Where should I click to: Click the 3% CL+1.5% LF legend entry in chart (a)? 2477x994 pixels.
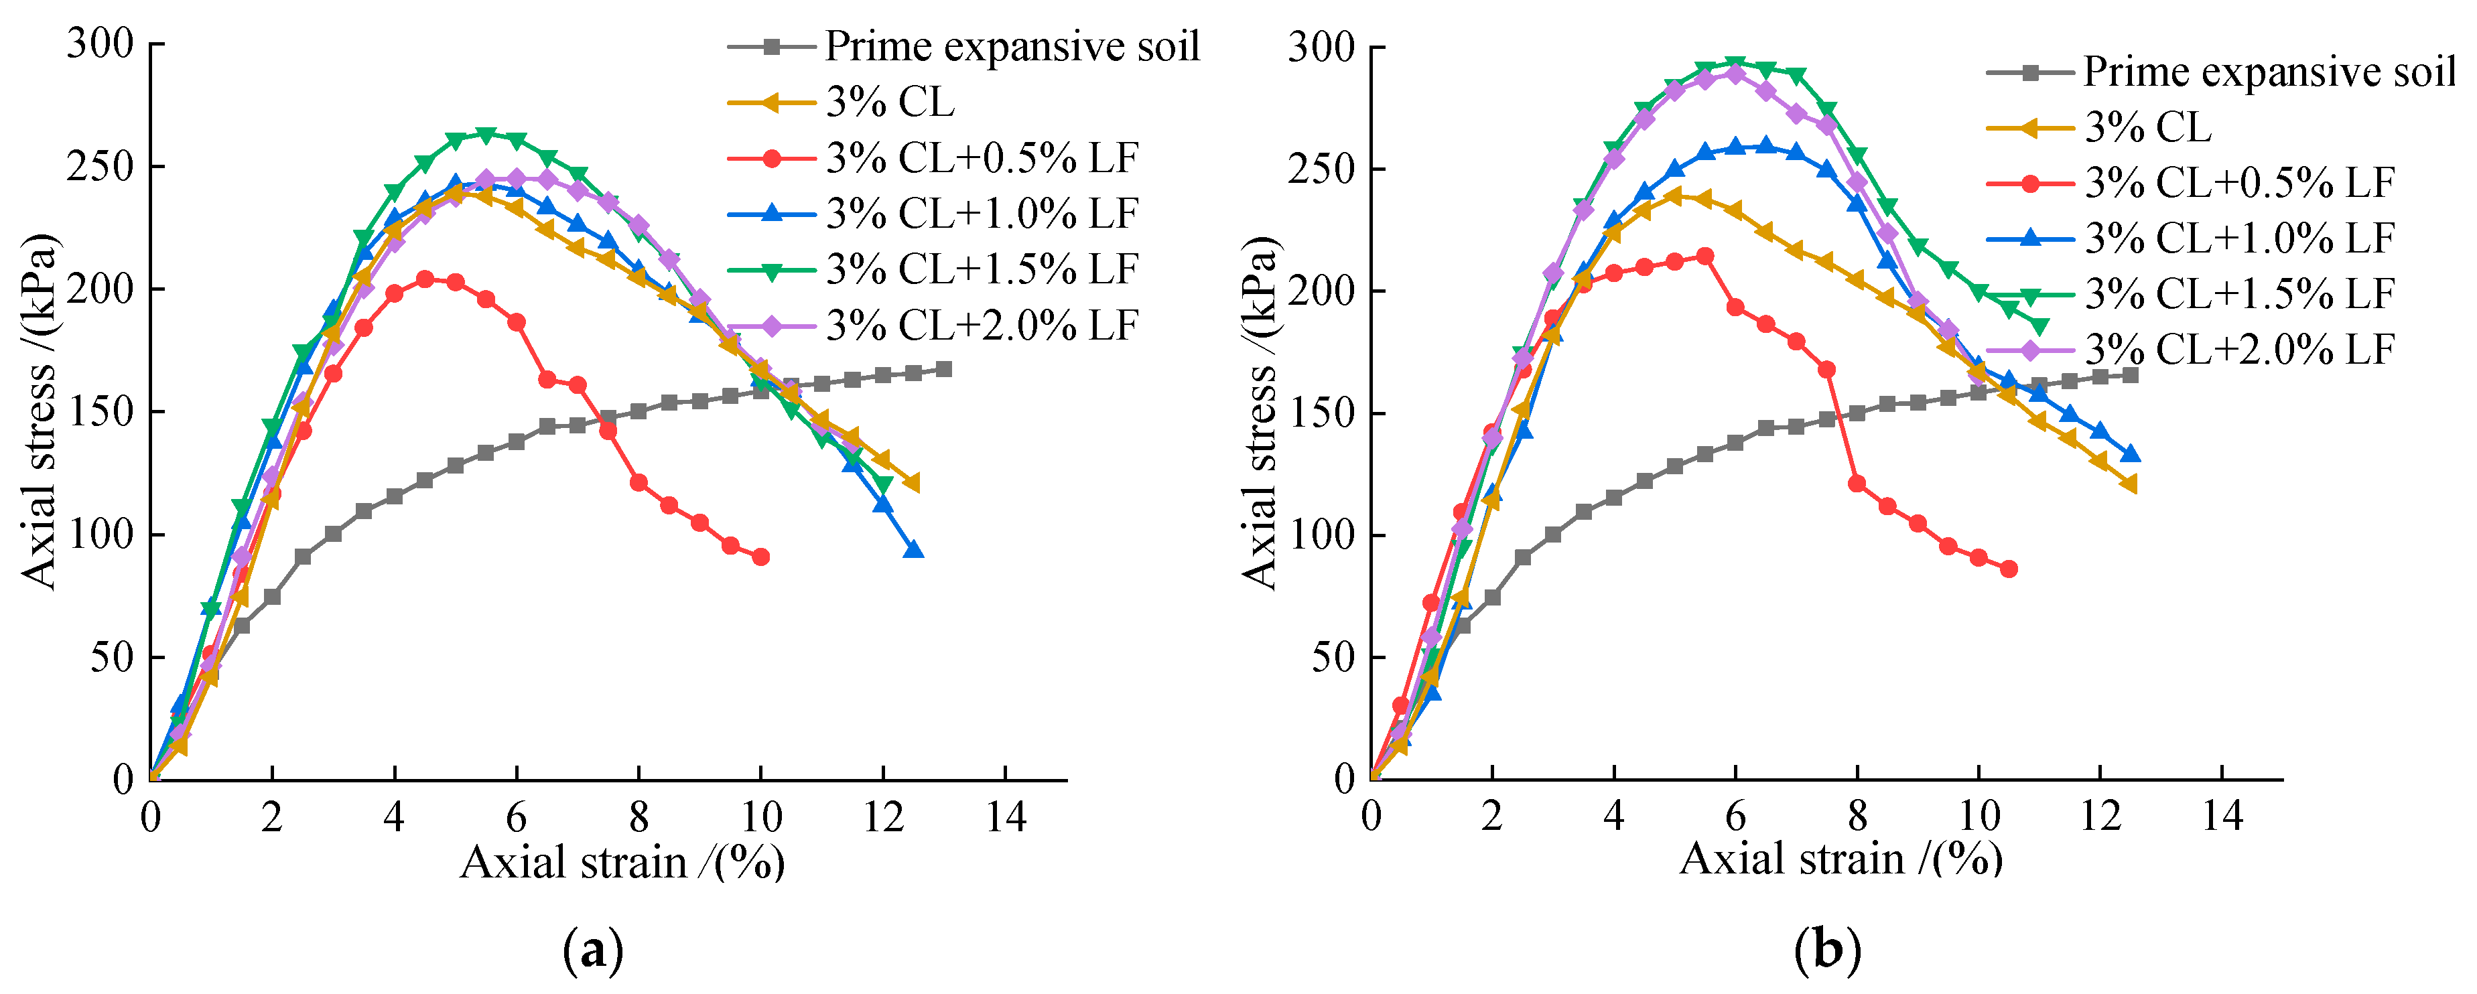coord(981,270)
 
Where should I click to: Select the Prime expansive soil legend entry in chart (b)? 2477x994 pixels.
coord(2269,72)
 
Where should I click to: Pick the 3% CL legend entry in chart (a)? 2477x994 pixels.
coord(890,102)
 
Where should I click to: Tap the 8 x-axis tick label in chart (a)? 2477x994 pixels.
coord(639,818)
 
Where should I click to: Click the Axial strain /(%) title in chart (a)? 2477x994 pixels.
coord(622,862)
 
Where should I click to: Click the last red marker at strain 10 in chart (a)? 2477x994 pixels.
coord(760,557)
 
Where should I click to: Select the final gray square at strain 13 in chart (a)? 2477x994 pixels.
coord(943,369)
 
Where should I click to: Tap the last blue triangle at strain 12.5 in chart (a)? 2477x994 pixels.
coord(913,550)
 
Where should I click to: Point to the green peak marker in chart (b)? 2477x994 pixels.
coord(1735,64)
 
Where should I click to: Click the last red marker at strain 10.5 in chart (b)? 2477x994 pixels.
coord(2008,569)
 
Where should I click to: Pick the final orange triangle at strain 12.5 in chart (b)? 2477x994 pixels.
coord(2129,484)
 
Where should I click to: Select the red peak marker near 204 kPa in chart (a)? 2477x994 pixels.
coord(425,279)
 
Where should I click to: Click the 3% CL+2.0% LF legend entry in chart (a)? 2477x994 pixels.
coord(981,326)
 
